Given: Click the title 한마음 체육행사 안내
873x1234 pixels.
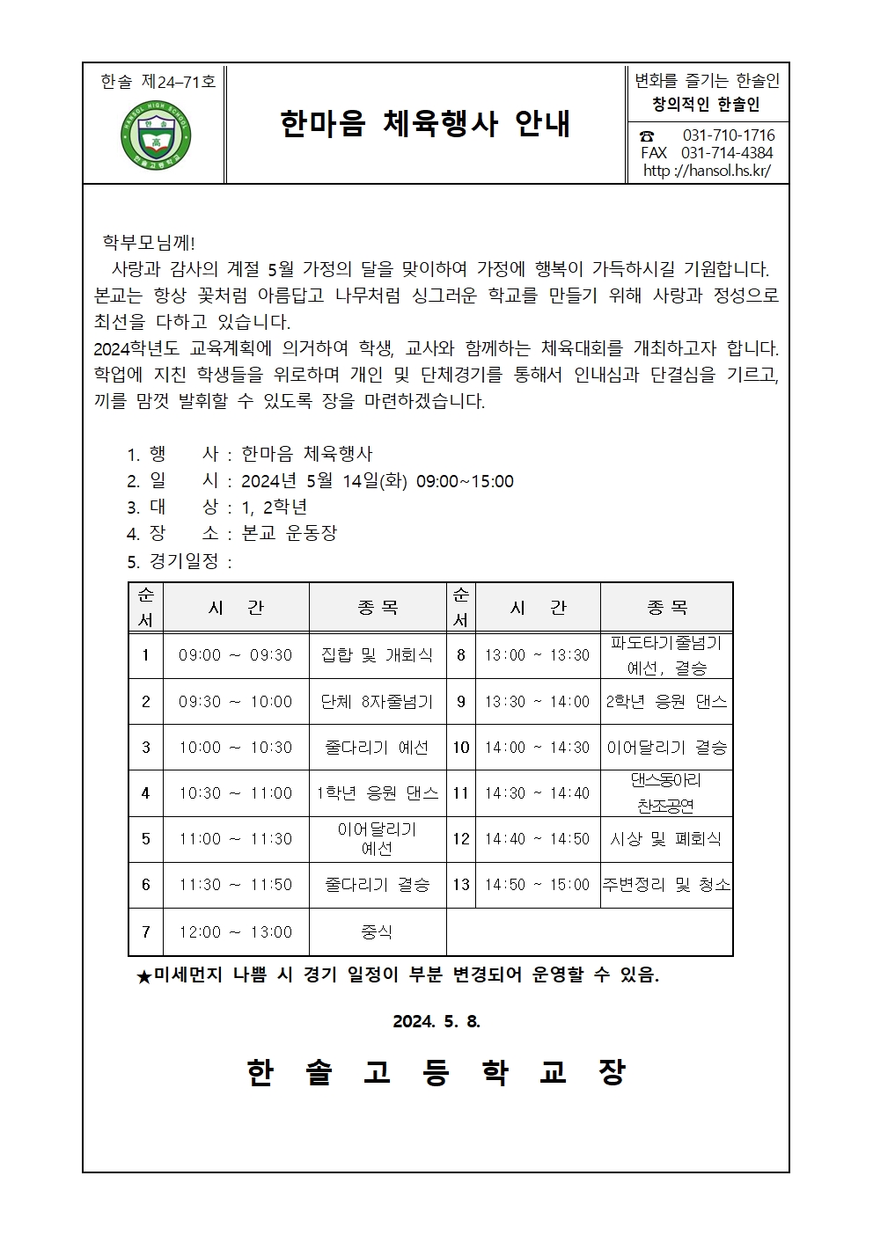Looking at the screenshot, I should (x=425, y=124).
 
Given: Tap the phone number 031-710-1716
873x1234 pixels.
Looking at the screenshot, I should (x=729, y=135).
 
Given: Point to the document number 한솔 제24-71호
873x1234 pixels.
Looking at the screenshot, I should (x=157, y=82).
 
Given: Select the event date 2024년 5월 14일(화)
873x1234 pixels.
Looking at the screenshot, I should (x=323, y=481).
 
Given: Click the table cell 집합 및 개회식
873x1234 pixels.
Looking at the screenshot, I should (x=377, y=655).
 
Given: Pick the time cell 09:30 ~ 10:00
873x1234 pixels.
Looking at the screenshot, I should (x=235, y=701).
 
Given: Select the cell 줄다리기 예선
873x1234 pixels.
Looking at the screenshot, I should (x=377, y=747).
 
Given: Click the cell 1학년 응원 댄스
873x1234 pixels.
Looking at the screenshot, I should (x=377, y=792).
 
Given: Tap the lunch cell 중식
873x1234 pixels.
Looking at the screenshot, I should (x=377, y=931).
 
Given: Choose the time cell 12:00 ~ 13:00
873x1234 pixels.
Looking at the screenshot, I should (x=235, y=931).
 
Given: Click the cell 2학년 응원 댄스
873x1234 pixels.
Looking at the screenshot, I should (x=666, y=701).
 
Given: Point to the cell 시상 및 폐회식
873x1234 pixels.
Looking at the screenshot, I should (x=666, y=839).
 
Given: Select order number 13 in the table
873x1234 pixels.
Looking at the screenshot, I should (x=461, y=885).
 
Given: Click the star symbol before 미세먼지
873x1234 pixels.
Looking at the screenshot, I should (x=144, y=975).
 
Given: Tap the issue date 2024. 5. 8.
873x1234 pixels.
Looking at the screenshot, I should (x=436, y=1021).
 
